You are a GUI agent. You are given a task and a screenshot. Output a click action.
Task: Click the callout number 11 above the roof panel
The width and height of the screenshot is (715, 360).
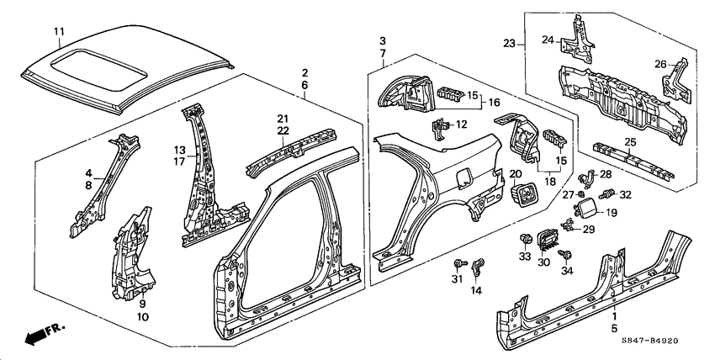point(59,33)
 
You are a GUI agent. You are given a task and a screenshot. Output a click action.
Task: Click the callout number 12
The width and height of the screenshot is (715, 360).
point(461,124)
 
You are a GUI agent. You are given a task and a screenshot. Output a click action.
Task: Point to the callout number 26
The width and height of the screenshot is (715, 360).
point(659,62)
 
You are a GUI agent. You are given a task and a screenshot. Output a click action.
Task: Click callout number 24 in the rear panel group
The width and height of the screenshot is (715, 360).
point(547,39)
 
